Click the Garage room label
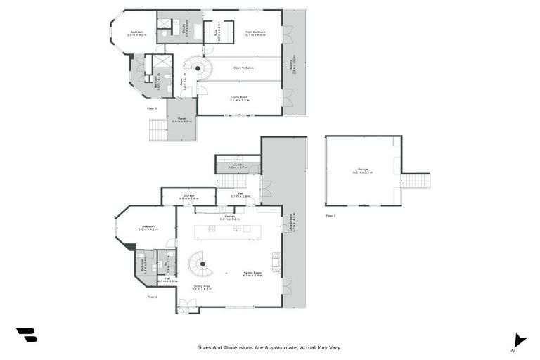(x=363, y=169)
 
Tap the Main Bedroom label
(x=254, y=32)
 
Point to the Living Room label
(x=239, y=99)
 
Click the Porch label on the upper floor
(x=181, y=119)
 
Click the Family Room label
(x=252, y=274)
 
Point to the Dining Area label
(x=202, y=287)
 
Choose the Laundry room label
(x=237, y=165)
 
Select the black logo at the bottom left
(x=26, y=335)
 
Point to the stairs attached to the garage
(x=415, y=181)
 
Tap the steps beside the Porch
(x=158, y=129)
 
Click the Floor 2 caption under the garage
(x=330, y=215)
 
